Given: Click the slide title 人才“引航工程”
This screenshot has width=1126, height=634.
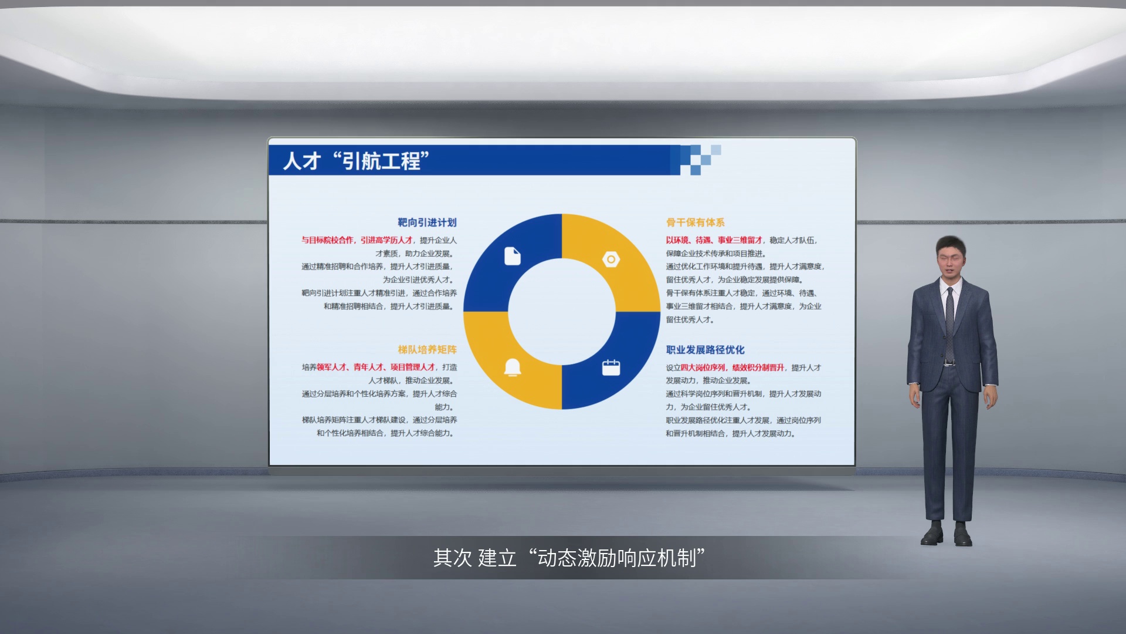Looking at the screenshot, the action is pos(356,160).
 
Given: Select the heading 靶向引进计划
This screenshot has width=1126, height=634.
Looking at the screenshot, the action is pos(427,222).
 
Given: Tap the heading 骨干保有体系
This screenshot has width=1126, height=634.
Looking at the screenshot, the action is pos(695,222).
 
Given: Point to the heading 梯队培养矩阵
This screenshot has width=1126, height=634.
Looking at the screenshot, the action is pos(427,350).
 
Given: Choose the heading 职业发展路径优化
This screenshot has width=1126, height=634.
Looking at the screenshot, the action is pos(705,350).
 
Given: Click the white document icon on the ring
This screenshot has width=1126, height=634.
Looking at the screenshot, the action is pos(513,257).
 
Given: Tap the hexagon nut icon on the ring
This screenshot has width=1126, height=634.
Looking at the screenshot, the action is pos(611,259).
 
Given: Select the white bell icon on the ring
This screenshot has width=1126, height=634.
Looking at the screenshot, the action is pos(513,367).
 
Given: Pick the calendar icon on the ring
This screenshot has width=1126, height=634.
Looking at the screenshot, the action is pos(611,367).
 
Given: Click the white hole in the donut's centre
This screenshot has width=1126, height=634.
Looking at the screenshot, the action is pos(562,312).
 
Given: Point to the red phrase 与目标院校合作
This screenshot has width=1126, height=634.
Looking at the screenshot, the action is pos(328,240).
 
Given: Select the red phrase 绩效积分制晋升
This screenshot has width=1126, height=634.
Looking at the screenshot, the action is pos(758,367).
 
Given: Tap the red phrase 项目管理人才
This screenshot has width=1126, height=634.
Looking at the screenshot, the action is pos(413,367).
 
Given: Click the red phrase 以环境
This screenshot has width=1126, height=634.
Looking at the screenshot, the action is pos(677,240).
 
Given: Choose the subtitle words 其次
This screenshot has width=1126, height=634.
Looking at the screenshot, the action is pos(453,558).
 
